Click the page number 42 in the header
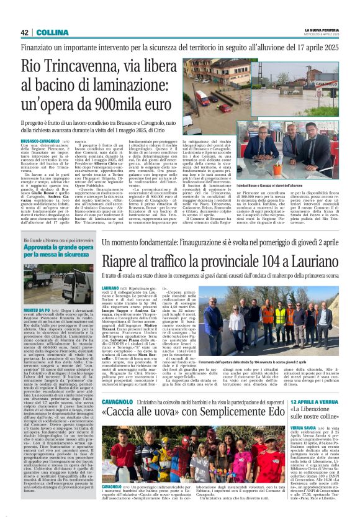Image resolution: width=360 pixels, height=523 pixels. coord(25,32)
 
